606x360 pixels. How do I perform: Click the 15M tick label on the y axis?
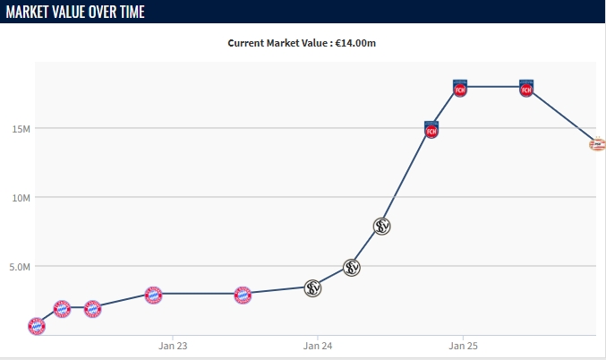click(x=21, y=128)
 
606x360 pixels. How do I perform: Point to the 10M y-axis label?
click(x=21, y=197)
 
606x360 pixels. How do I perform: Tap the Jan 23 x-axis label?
click(x=173, y=345)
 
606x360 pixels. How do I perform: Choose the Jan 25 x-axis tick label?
click(x=462, y=345)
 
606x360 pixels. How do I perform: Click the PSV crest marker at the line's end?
click(x=597, y=143)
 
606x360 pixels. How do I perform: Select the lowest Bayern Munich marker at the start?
click(x=37, y=326)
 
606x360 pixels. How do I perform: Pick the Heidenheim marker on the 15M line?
click(x=431, y=130)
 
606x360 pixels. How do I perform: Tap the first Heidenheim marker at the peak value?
click(x=460, y=88)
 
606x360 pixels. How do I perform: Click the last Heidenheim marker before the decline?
click(x=526, y=88)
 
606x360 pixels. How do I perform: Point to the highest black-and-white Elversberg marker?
click(x=382, y=226)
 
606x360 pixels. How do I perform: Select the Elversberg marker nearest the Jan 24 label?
click(x=312, y=287)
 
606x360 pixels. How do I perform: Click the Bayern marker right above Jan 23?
click(x=154, y=295)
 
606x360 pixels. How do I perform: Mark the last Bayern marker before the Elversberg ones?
click(x=243, y=295)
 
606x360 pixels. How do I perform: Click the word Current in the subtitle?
click(x=248, y=42)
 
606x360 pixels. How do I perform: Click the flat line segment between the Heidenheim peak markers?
click(x=493, y=87)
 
